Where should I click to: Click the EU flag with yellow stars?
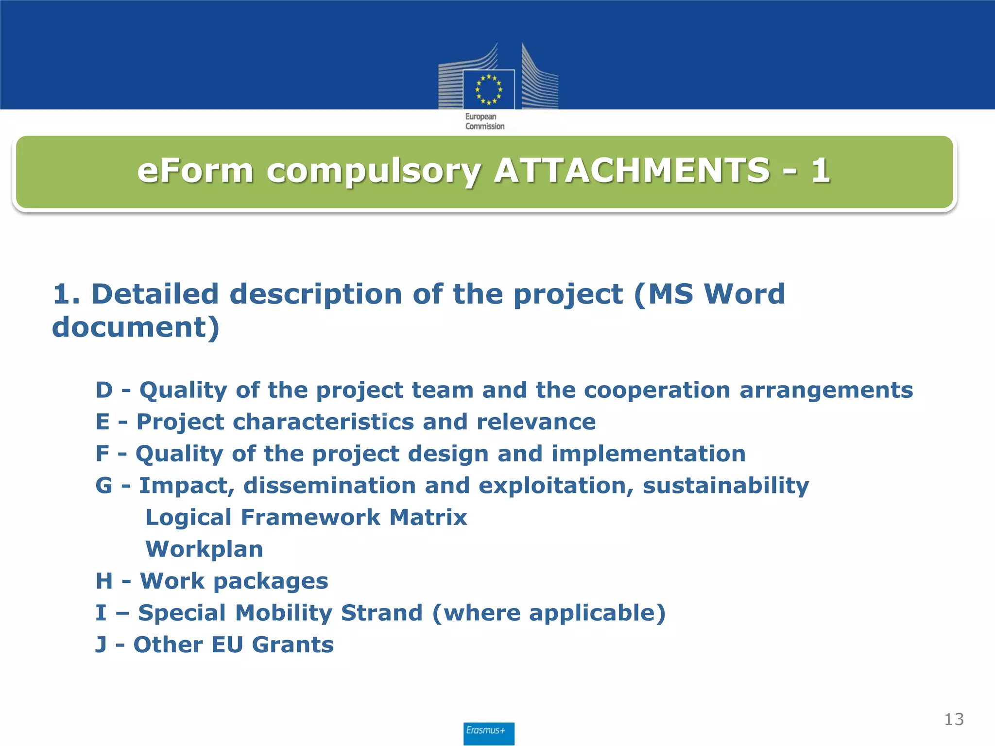tap(488, 89)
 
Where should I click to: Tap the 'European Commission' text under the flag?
tap(485, 121)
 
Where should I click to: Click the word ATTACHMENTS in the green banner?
tap(631, 171)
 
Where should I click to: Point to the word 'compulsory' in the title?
tap(374, 172)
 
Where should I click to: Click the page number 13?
tap(954, 719)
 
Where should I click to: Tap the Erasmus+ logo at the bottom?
tap(488, 732)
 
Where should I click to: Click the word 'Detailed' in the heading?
tap(155, 294)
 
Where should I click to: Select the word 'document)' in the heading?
tap(136, 327)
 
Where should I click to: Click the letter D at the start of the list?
tap(104, 390)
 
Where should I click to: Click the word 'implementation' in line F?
tap(648, 454)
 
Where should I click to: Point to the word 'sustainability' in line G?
tap(726, 486)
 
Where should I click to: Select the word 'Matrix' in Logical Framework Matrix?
tap(428, 517)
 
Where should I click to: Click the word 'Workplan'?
tap(204, 549)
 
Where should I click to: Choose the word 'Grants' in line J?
tap(293, 645)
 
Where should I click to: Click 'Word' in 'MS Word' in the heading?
tap(744, 294)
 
